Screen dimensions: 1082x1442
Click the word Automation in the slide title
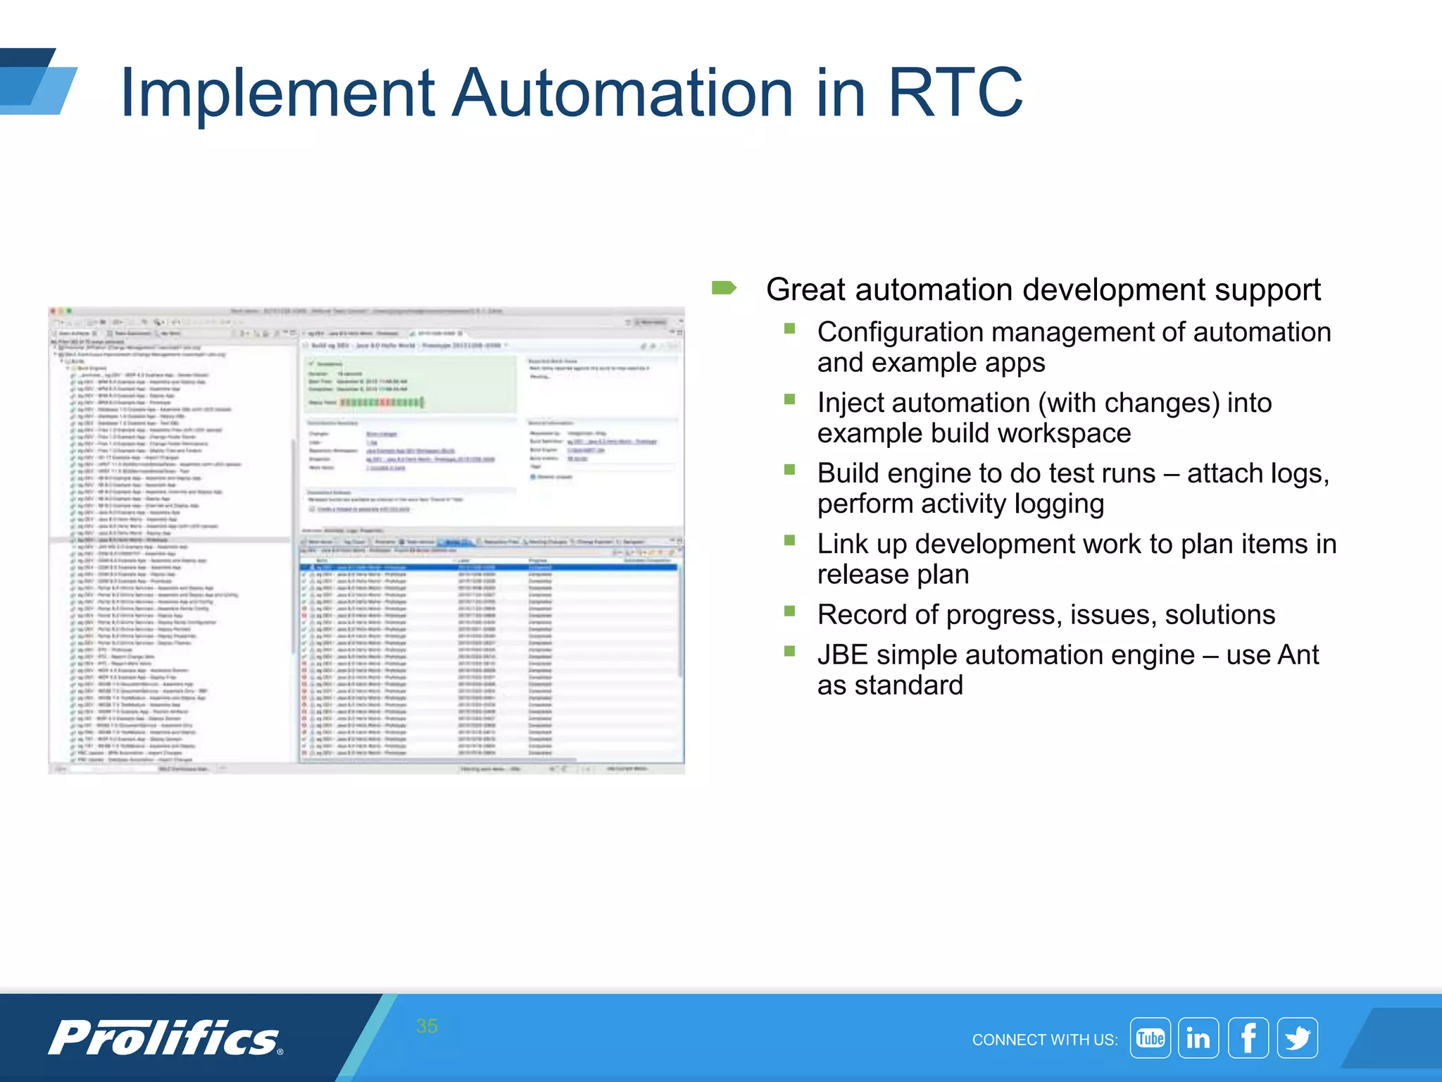point(622,92)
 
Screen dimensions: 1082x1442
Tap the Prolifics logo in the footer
point(166,1038)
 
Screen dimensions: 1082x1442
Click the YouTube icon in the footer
point(1150,1038)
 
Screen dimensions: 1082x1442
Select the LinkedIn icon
point(1198,1038)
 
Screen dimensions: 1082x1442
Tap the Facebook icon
point(1248,1038)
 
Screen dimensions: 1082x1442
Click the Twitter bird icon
point(1297,1038)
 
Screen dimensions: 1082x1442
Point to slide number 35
point(427,1026)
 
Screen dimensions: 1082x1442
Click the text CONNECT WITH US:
point(1044,1040)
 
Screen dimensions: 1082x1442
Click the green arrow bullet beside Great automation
point(724,288)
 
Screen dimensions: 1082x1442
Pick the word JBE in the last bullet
point(842,655)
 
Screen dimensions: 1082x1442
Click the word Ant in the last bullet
point(1298,655)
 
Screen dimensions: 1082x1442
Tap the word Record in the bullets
point(862,615)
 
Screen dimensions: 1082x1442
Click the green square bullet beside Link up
point(789,540)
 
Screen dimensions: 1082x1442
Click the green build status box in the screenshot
point(411,384)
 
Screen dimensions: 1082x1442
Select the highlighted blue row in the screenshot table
point(489,567)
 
